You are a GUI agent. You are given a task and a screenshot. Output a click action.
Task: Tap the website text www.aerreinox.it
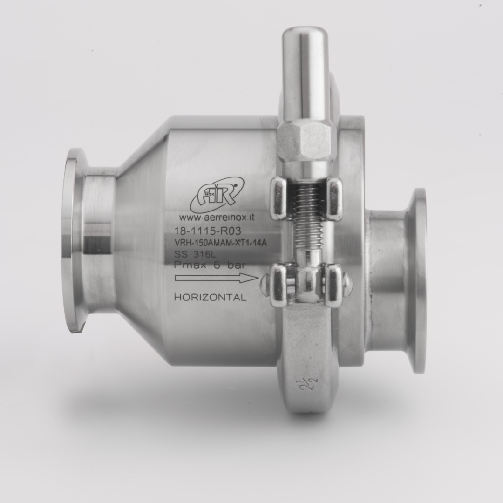[x=217, y=218]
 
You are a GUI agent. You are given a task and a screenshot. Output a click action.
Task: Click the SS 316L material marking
[x=195, y=254]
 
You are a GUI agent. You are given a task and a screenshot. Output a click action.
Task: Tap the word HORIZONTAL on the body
[x=210, y=297]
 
